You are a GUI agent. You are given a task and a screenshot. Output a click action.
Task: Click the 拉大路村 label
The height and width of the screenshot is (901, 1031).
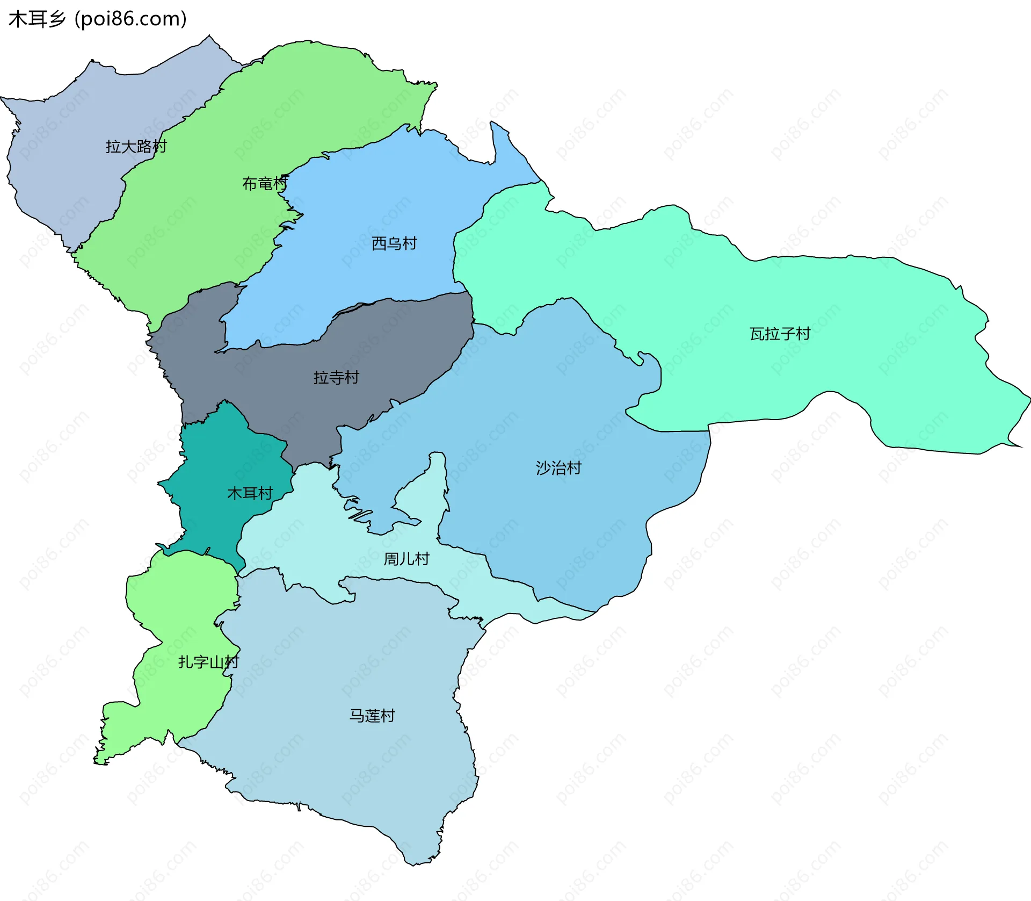click(x=136, y=146)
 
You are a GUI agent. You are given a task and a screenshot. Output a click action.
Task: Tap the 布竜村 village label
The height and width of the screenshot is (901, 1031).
click(x=265, y=184)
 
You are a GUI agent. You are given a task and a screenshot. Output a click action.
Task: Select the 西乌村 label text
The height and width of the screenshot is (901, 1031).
click(x=394, y=243)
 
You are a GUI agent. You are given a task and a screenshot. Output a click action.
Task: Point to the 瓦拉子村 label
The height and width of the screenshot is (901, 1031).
click(x=780, y=334)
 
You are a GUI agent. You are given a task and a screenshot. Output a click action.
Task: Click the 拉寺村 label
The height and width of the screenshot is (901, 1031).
click(x=336, y=377)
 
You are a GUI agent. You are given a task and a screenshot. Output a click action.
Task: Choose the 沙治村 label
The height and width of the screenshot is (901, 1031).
click(x=558, y=468)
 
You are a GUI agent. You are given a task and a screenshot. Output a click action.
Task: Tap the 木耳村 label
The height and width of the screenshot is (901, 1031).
click(x=250, y=493)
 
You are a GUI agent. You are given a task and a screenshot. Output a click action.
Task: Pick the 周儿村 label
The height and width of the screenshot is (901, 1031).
click(x=406, y=559)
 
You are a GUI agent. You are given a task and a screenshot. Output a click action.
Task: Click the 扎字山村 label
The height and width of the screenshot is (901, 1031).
click(x=208, y=662)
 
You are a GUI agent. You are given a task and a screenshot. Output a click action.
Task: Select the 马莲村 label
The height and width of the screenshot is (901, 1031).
click(x=372, y=716)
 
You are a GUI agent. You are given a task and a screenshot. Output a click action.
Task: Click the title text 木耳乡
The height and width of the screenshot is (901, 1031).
click(x=37, y=19)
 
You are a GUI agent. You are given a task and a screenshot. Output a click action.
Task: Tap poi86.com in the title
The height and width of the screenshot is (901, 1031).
click(x=130, y=19)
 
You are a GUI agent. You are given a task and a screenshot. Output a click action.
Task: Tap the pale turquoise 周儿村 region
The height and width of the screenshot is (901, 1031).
click(x=301, y=537)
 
